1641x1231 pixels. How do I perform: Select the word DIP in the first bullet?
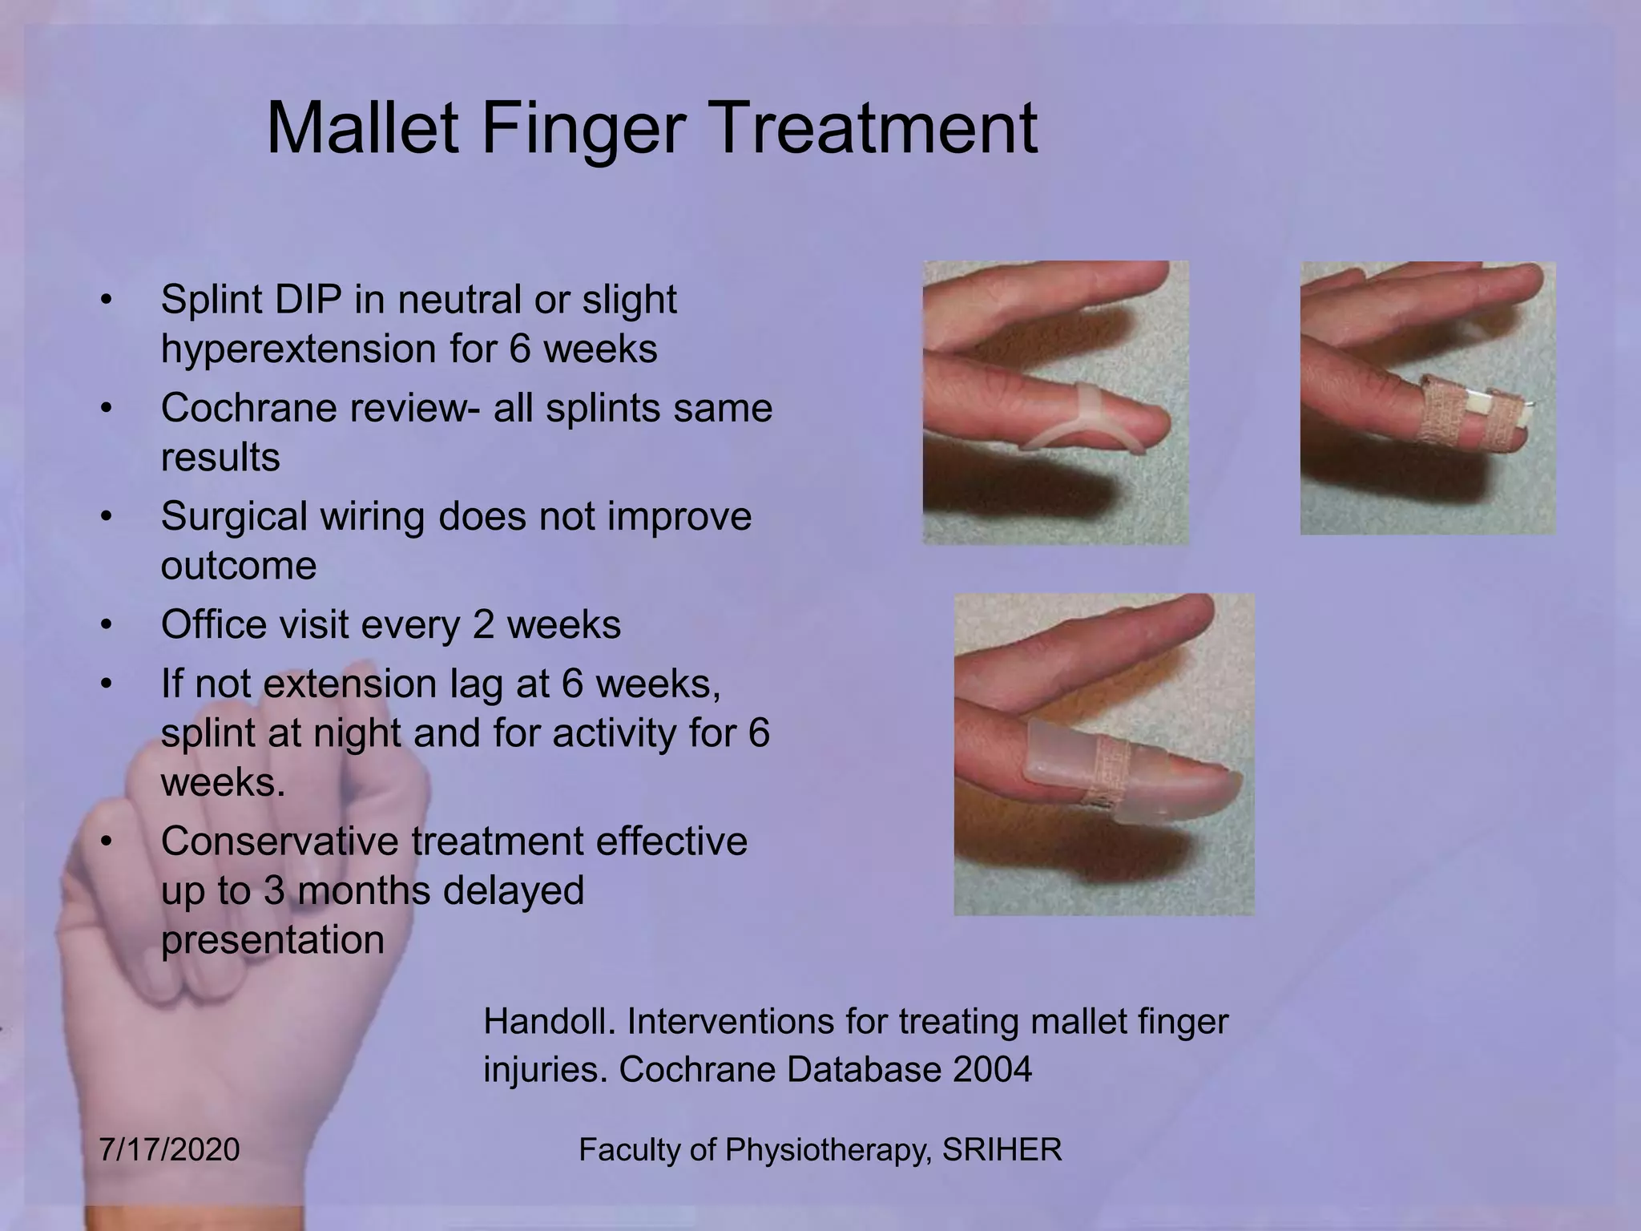[308, 300]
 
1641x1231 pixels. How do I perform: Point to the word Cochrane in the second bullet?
[248, 408]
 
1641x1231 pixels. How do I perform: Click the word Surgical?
[234, 516]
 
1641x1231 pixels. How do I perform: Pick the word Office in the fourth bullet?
[213, 624]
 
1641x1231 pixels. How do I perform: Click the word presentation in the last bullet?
[272, 940]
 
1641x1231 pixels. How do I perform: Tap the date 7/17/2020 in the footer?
[170, 1150]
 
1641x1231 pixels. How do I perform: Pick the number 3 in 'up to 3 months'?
[275, 891]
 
